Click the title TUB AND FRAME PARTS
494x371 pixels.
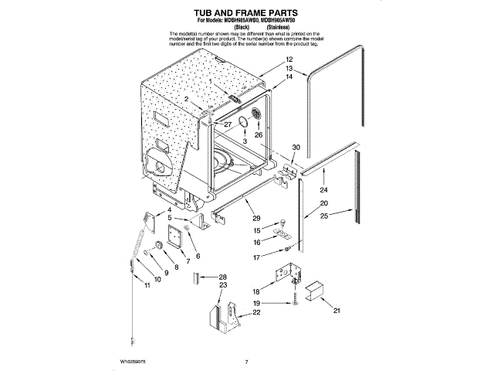(x=246, y=13)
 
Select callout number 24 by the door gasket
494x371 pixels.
(x=324, y=189)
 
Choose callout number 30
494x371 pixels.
(x=296, y=147)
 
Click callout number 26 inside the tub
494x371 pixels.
(x=259, y=134)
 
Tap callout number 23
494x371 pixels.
(x=222, y=285)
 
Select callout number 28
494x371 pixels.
(x=222, y=276)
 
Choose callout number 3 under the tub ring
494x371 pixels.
(x=244, y=142)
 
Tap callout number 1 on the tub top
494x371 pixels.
(x=209, y=80)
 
